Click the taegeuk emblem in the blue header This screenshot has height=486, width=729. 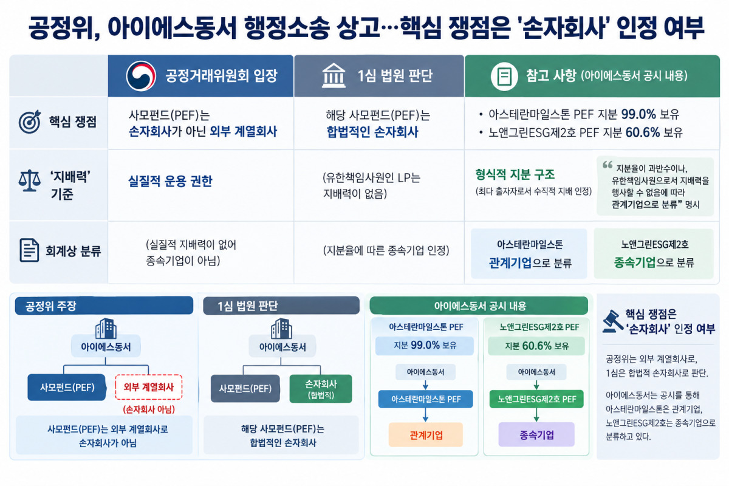click(141, 76)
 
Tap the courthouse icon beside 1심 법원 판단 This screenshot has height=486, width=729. click(334, 76)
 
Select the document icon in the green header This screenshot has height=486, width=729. click(504, 76)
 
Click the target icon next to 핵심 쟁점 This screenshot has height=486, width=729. click(30, 122)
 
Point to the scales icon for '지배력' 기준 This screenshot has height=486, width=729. click(30, 180)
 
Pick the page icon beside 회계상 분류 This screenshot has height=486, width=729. click(29, 250)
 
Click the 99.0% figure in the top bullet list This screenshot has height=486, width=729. click(638, 114)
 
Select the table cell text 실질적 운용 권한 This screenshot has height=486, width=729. click(170, 181)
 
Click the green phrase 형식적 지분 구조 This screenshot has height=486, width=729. click(515, 175)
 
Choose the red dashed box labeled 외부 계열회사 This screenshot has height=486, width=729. click(149, 387)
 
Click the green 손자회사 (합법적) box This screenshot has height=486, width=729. click(321, 389)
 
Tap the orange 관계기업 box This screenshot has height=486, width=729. click(426, 434)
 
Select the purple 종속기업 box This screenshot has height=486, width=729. click(536, 434)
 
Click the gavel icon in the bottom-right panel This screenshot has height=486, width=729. click(612, 321)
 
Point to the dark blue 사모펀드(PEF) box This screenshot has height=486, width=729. click(67, 387)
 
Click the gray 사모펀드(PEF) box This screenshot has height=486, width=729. click(245, 388)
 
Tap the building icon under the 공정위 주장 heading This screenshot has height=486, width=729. click(106, 329)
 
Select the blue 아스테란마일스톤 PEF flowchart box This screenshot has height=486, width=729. click(425, 399)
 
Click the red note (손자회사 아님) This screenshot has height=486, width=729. click(149, 409)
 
